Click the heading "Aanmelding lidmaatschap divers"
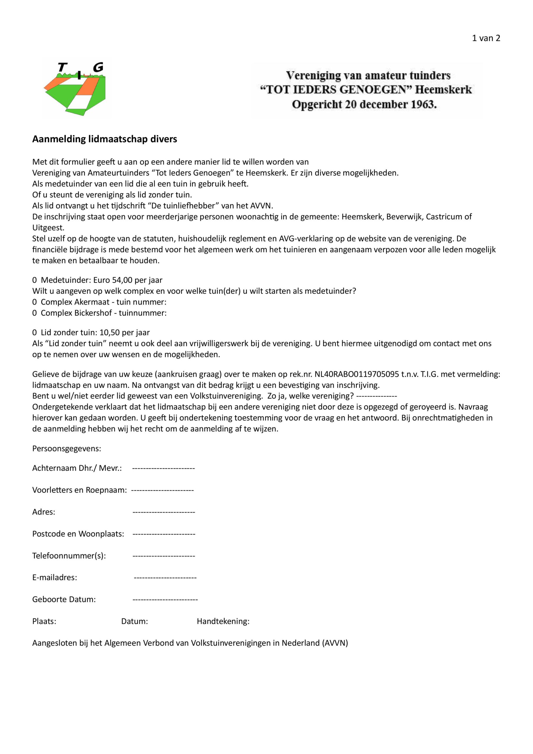[105, 139]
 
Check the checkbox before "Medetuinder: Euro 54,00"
[34, 280]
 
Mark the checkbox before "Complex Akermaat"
[34, 302]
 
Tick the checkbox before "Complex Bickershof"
[34, 313]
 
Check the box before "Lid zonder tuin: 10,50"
[34, 332]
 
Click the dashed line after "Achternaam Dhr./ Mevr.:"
[163, 468]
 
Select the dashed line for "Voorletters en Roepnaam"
[162, 490]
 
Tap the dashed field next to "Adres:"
[163, 512]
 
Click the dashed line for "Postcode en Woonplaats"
[164, 534]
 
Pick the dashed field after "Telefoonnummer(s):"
[163, 556]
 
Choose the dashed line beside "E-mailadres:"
[165, 578]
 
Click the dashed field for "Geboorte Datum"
[165, 600]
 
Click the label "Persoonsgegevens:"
[67, 449]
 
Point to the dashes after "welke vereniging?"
[376, 396]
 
